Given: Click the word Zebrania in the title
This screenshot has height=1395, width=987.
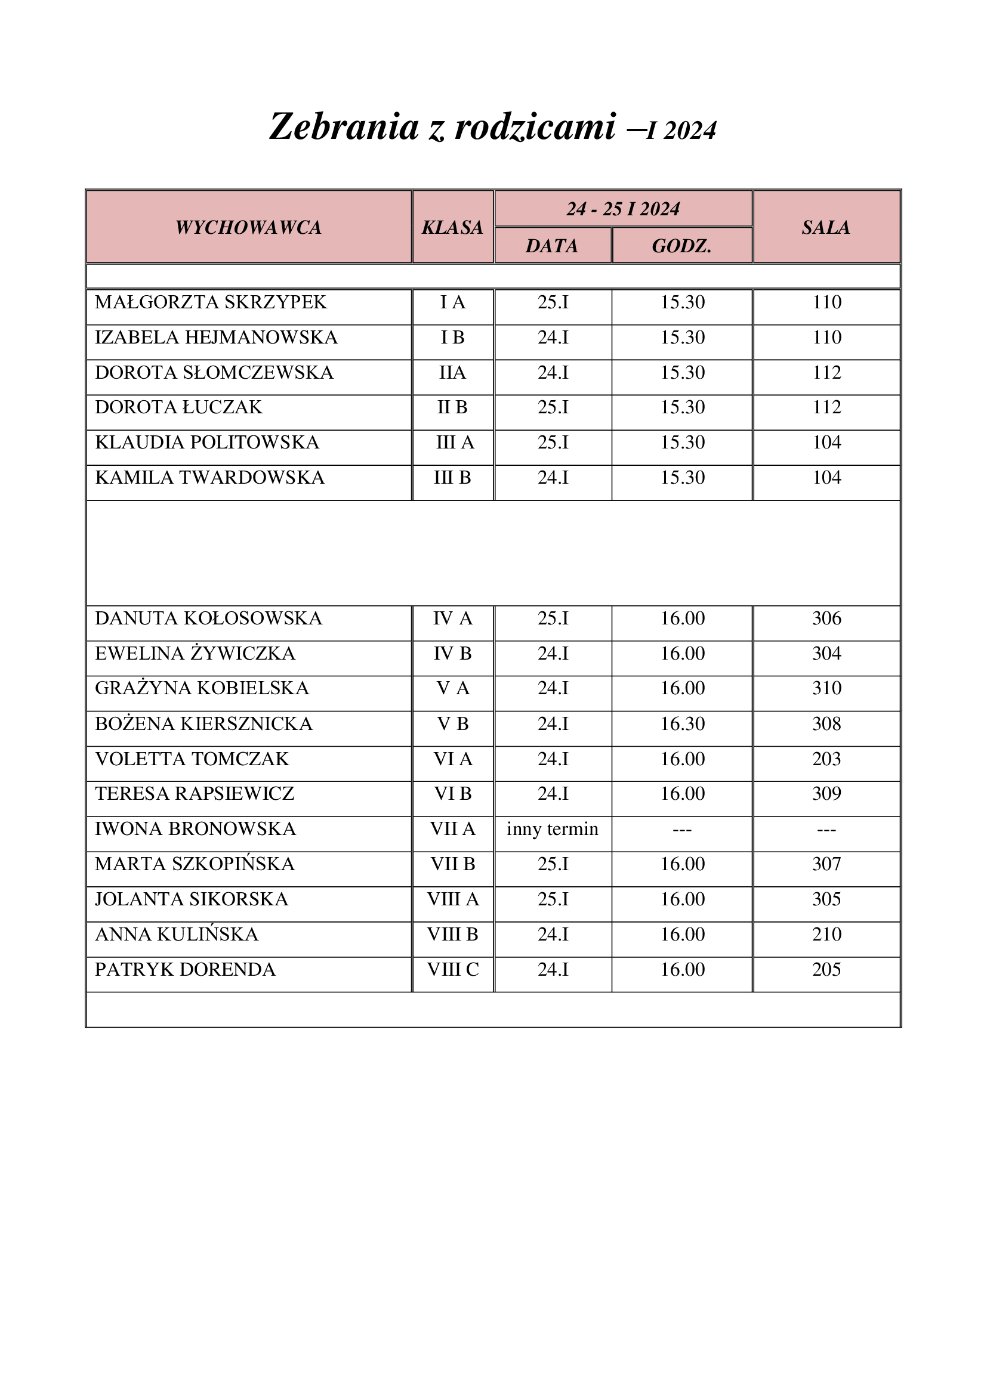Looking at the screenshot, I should point(344,127).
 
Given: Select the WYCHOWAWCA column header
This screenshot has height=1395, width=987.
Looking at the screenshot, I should point(249,227).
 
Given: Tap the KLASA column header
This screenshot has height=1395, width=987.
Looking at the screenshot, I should point(453,227).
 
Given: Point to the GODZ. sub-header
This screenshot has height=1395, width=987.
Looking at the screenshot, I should point(682,246).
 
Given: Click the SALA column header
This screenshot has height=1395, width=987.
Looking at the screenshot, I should point(826,227).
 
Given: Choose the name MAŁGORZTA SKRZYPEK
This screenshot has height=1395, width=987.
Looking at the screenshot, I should point(211,302).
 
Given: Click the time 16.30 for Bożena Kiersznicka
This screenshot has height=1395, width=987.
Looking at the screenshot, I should point(683,723).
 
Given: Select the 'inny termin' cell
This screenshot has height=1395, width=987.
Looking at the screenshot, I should point(553,829).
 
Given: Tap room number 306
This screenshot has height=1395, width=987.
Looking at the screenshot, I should point(826,618).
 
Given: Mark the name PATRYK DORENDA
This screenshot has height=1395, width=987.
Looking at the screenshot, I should point(186,969).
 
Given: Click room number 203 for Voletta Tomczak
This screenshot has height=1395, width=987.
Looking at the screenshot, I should point(826,759).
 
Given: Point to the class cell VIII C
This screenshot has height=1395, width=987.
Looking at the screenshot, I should point(453,969).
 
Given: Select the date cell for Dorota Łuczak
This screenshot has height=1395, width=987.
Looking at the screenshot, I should point(553,407).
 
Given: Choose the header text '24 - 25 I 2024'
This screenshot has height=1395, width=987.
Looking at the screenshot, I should point(623,209).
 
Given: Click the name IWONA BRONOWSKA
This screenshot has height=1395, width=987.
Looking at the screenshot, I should point(196,829).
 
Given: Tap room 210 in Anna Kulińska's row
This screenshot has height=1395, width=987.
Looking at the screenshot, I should point(826,934).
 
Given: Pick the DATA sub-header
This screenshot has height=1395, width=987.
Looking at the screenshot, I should point(552,246).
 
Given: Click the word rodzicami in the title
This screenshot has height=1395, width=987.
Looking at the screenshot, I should point(535,127).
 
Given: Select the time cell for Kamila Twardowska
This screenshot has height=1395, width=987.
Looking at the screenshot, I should point(683,478).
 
